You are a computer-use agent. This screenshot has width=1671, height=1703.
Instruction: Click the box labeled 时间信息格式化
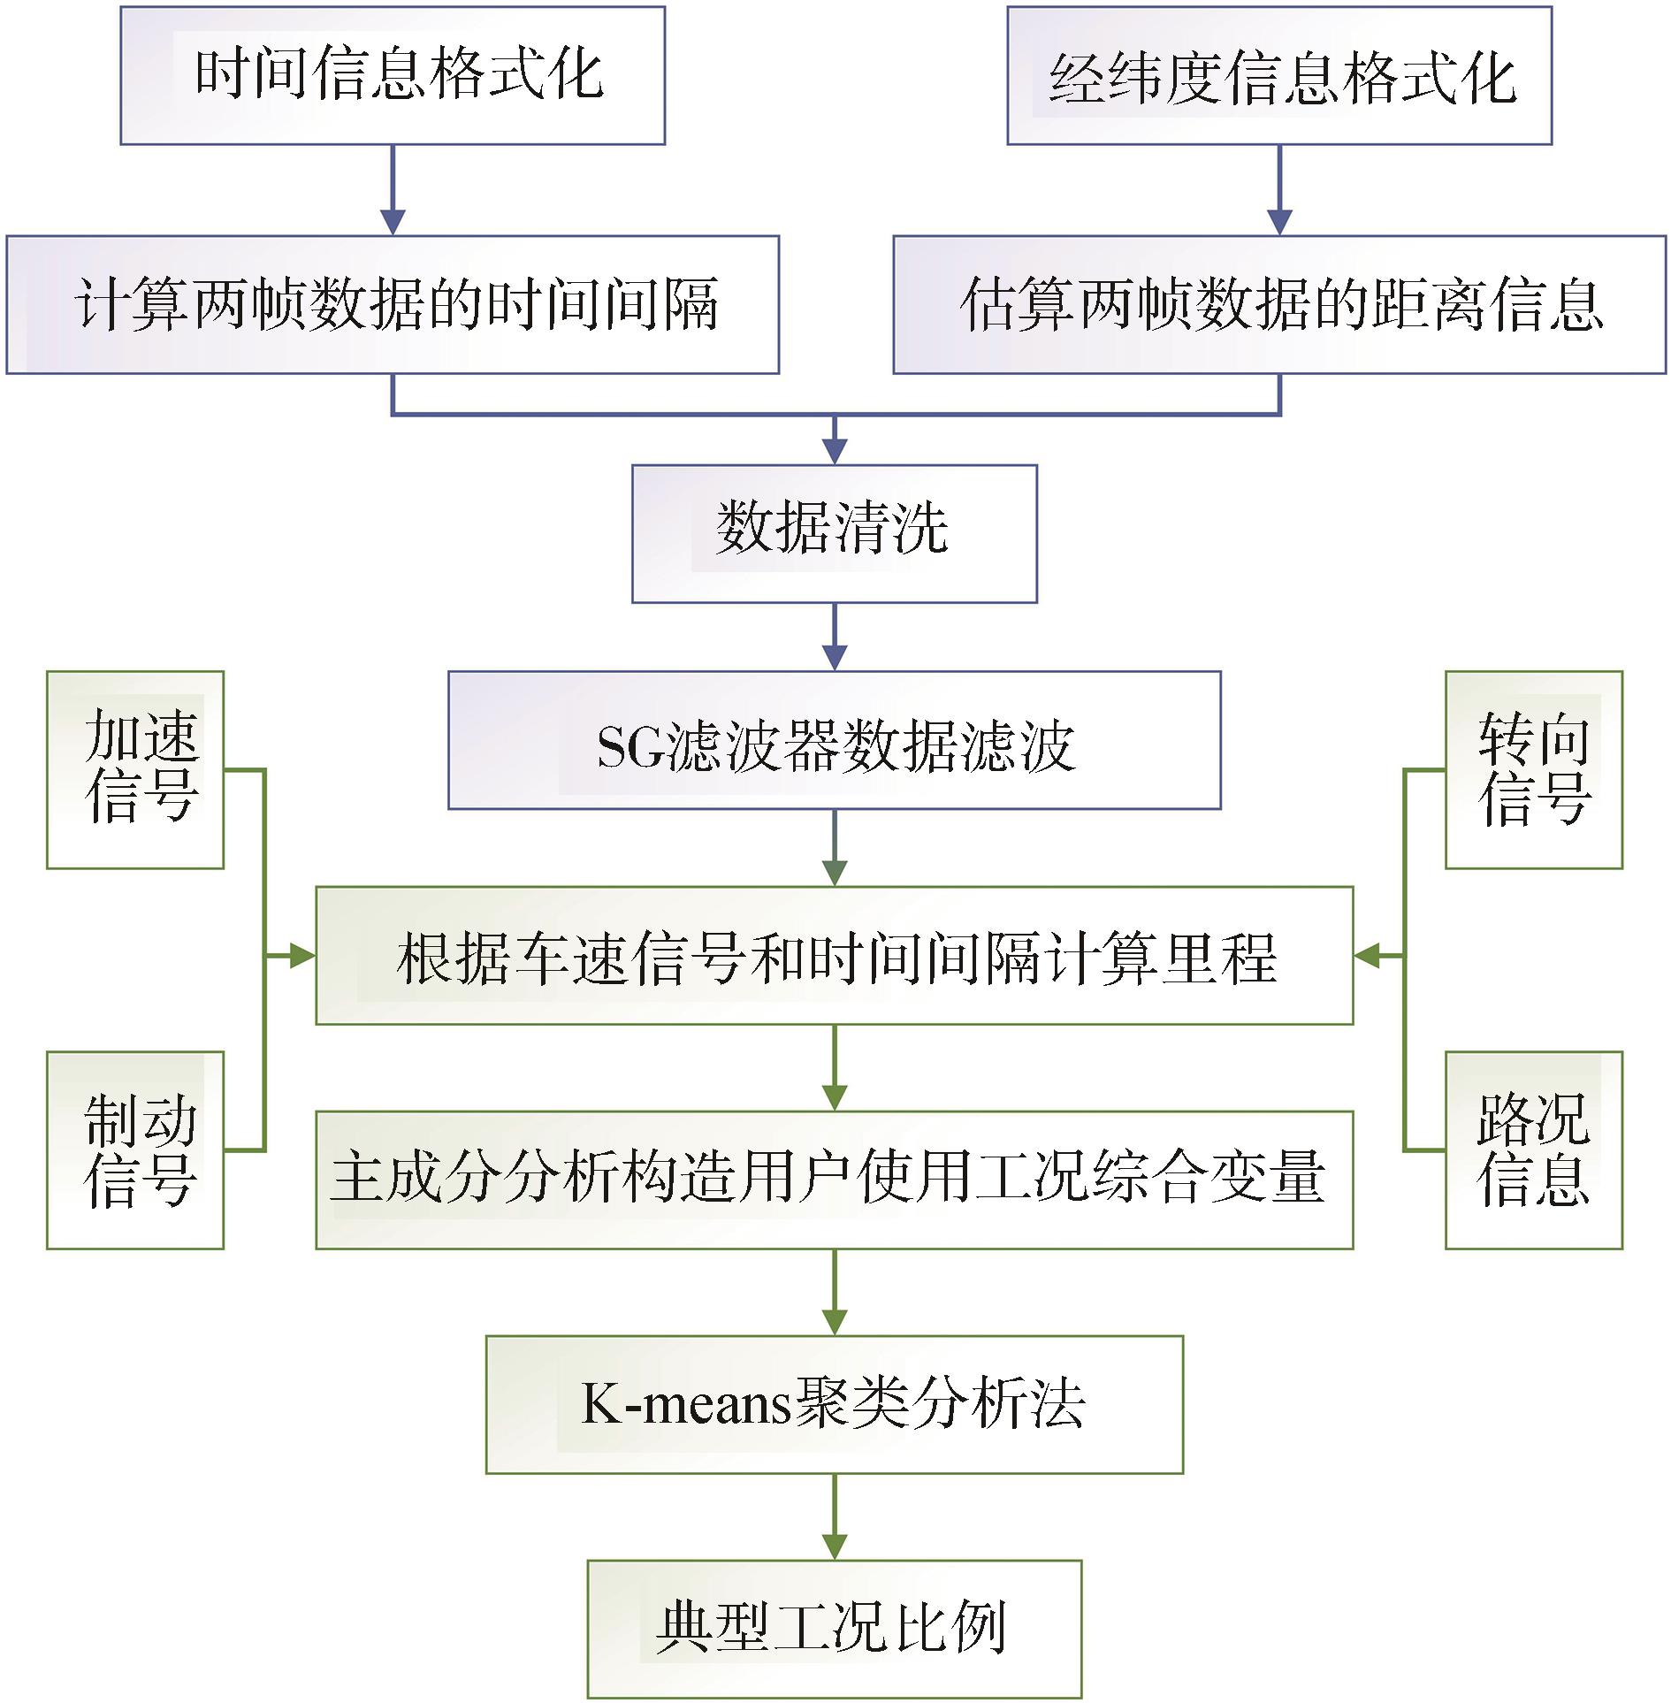[x=393, y=75]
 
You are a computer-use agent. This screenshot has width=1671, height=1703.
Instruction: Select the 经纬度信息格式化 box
[x=1279, y=75]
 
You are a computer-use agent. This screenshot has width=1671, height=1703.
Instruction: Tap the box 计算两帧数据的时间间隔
[x=393, y=304]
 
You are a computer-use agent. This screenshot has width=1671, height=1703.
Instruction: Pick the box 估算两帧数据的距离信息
[x=1279, y=304]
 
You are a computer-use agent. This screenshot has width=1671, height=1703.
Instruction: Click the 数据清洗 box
[x=834, y=533]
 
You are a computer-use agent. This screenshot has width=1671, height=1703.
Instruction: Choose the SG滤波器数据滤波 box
[x=834, y=739]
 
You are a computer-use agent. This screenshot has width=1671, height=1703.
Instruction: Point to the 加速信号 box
[x=135, y=769]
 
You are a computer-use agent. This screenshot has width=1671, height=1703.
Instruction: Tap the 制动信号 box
[x=135, y=1149]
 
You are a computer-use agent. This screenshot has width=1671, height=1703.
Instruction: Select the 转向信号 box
[x=1533, y=769]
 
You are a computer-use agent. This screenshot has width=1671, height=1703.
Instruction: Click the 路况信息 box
[x=1533, y=1149]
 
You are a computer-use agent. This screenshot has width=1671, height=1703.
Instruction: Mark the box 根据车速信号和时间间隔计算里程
[x=834, y=955]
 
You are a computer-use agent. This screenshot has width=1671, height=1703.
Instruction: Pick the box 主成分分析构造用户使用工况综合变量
[x=834, y=1180]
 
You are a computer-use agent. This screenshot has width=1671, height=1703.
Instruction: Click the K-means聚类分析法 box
[x=834, y=1404]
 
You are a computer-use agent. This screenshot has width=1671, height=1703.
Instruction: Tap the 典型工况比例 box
[x=834, y=1629]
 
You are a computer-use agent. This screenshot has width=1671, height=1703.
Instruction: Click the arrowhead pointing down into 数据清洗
[x=835, y=451]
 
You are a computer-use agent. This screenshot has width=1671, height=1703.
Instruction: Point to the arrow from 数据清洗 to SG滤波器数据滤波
[x=835, y=637]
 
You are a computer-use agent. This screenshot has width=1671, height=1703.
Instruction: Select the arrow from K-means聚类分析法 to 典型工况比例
[x=835, y=1516]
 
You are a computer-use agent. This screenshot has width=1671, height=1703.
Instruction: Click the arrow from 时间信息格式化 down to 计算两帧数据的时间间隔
[x=393, y=189]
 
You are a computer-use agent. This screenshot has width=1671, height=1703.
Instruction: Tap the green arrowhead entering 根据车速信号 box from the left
[x=302, y=955]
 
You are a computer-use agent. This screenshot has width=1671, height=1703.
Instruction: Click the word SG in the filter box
[x=629, y=747]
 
